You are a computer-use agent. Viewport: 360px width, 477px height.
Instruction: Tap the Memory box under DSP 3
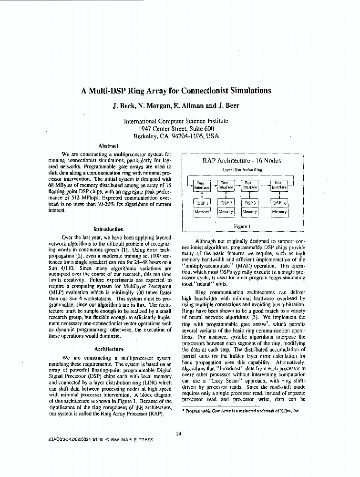(249, 212)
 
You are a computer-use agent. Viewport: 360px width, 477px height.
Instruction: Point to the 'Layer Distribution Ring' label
(242, 170)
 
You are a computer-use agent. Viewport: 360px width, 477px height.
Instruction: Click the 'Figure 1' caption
(242, 226)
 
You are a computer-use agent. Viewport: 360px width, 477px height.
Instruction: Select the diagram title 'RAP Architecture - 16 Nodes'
(241, 161)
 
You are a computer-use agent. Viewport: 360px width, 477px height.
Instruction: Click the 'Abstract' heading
(108, 146)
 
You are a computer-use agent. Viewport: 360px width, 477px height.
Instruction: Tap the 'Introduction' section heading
(109, 229)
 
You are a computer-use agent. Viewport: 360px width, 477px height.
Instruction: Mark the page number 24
(178, 434)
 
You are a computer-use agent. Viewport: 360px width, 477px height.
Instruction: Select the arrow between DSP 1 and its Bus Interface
(202, 195)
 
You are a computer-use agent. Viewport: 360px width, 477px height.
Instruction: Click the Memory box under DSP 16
(279, 212)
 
